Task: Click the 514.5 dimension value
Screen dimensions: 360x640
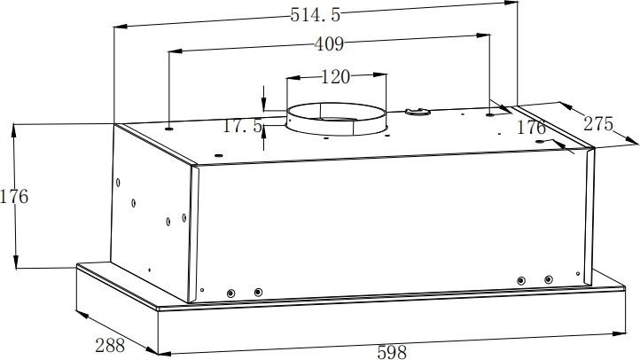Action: tap(316, 14)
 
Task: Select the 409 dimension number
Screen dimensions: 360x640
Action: tap(328, 43)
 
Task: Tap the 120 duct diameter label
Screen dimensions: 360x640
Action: tap(334, 77)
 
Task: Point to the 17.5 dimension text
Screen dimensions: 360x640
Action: tap(241, 126)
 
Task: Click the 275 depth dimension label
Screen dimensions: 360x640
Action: tap(598, 124)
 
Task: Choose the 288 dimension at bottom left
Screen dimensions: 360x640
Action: tap(109, 345)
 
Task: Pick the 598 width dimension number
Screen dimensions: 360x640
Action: tap(392, 352)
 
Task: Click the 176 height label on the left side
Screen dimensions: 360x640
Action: tap(14, 196)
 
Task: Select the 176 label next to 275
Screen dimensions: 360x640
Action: tap(531, 128)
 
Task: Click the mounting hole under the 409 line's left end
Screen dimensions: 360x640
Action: tap(168, 125)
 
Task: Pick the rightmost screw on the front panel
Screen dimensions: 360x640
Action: tap(549, 280)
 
